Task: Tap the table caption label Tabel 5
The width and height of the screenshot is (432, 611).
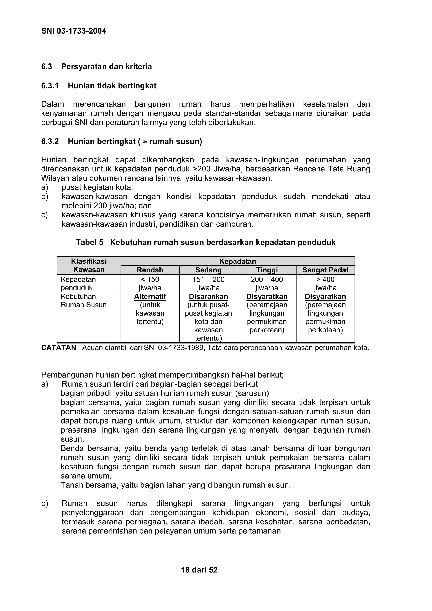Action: [89, 242]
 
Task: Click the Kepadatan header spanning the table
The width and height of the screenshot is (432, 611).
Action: [238, 261]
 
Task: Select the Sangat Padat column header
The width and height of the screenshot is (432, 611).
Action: [325, 270]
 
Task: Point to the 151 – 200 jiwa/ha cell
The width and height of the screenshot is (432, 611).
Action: [208, 283]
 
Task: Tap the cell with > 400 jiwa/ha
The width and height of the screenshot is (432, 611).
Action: [325, 283]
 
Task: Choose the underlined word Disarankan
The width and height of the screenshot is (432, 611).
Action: [208, 297]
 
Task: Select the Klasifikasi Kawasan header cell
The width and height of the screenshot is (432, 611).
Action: [89, 265]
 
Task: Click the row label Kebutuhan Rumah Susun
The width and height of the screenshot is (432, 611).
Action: [83, 301]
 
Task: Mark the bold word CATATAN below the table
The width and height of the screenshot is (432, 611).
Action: [59, 348]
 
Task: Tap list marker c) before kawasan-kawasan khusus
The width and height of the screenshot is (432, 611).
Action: [45, 215]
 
